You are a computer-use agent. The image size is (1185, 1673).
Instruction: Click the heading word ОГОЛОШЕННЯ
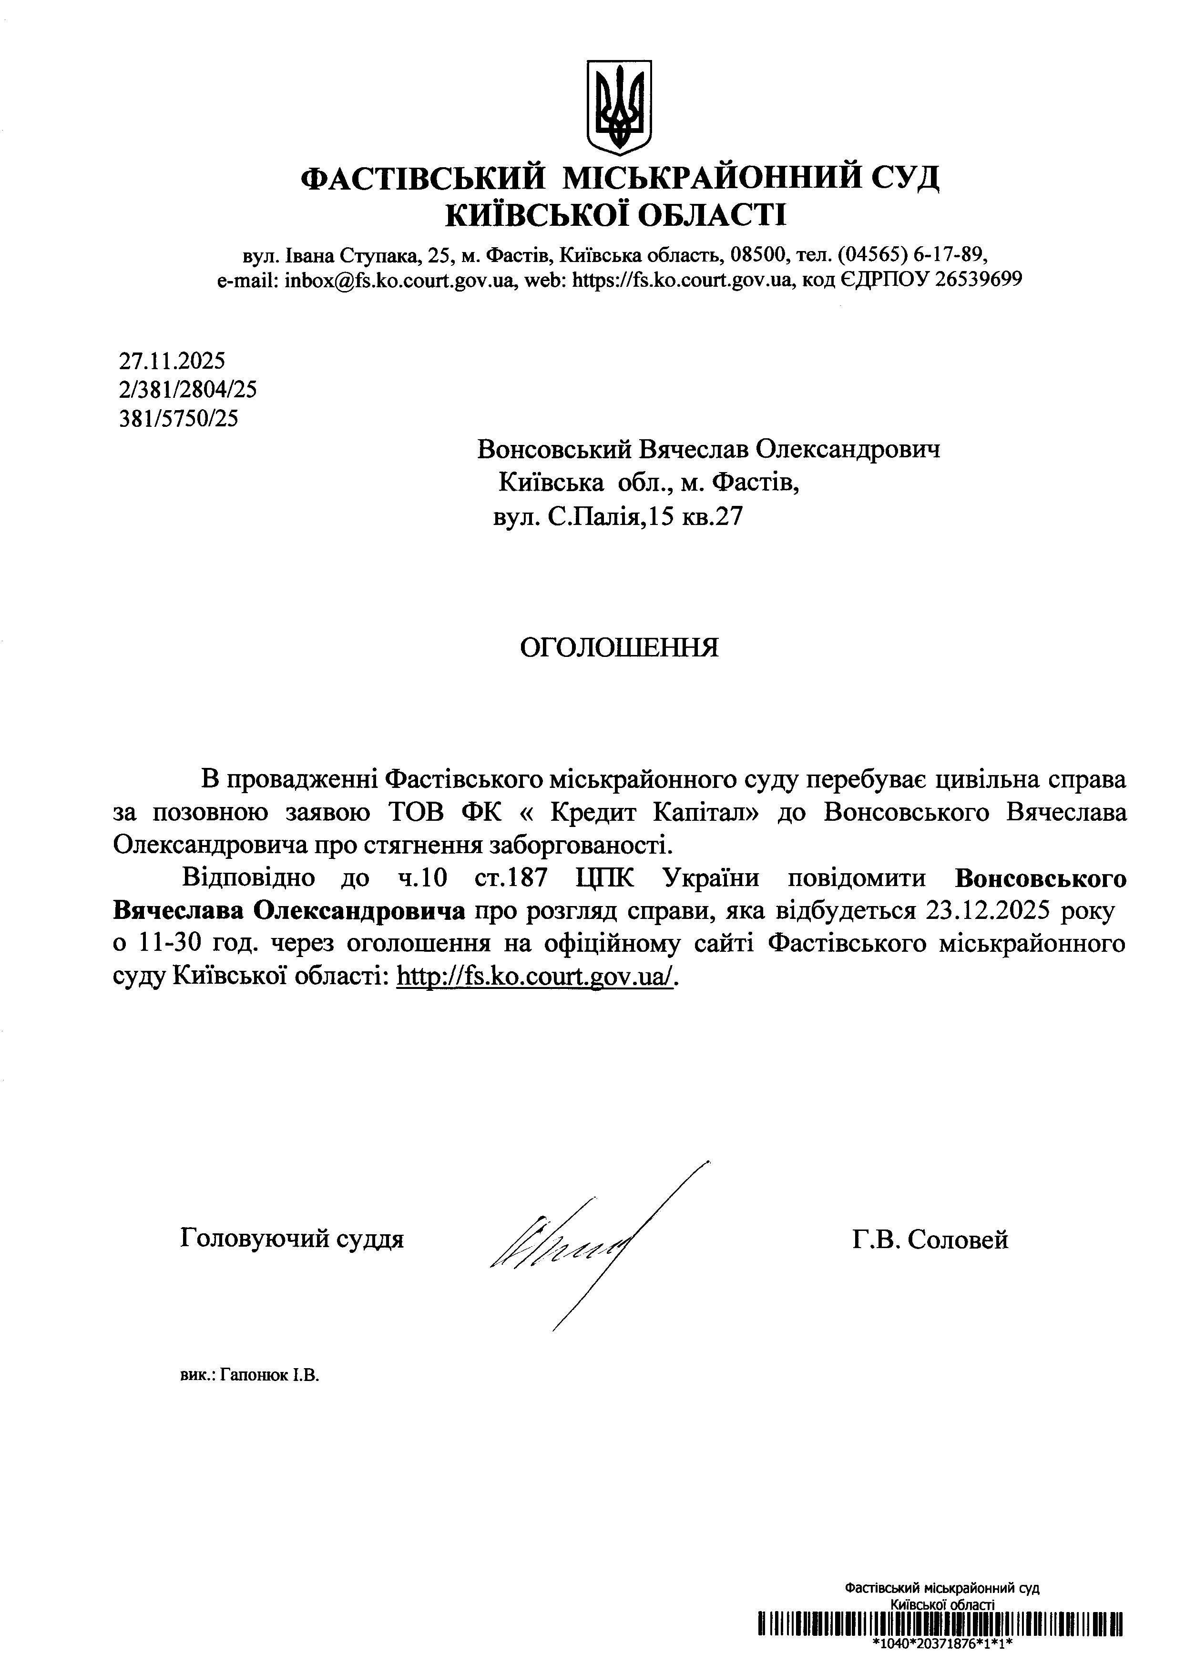click(x=619, y=647)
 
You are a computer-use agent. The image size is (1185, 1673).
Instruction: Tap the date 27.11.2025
click(x=172, y=360)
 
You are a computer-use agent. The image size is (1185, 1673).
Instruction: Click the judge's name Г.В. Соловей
click(x=930, y=1240)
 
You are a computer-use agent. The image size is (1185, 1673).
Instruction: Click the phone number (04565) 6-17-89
click(x=912, y=255)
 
